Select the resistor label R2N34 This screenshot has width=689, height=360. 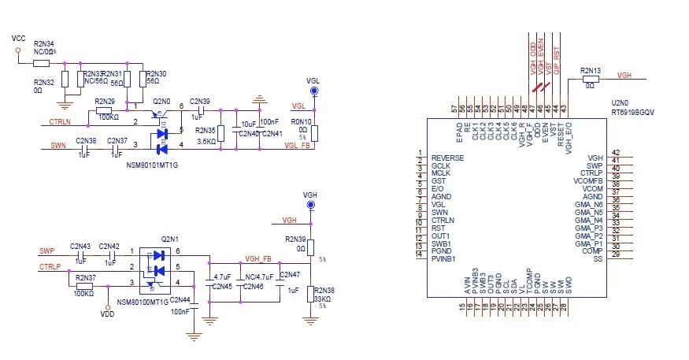pyautogui.click(x=44, y=44)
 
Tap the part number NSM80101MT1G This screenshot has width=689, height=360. pyautogui.click(x=152, y=165)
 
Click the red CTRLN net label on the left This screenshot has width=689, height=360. pyautogui.click(x=61, y=121)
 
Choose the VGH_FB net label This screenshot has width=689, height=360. pyautogui.click(x=258, y=258)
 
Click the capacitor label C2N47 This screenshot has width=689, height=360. pyautogui.click(x=290, y=273)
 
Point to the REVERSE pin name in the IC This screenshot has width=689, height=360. pyautogui.click(x=447, y=158)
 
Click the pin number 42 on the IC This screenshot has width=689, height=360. pyautogui.click(x=616, y=153)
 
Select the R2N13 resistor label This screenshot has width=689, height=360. pyautogui.click(x=591, y=71)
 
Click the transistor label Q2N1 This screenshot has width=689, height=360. pyautogui.click(x=169, y=238)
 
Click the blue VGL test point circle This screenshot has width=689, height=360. pyautogui.click(x=314, y=92)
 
